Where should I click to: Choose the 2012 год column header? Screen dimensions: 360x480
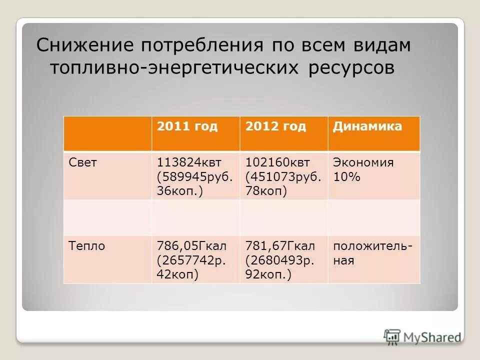point(275,126)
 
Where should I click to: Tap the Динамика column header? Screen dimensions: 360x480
point(367,126)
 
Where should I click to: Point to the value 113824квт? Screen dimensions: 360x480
point(189,162)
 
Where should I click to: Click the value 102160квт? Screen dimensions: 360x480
point(277,162)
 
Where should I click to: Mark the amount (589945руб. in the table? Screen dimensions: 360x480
point(195,177)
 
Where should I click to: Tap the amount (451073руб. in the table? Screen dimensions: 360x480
point(283,177)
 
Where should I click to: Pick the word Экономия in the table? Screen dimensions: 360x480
point(363,162)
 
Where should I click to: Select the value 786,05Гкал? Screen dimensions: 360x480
point(192,246)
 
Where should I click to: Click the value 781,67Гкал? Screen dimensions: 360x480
point(280,246)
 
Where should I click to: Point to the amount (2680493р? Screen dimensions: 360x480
point(279,260)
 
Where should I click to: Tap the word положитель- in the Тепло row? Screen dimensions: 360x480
point(373,246)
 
